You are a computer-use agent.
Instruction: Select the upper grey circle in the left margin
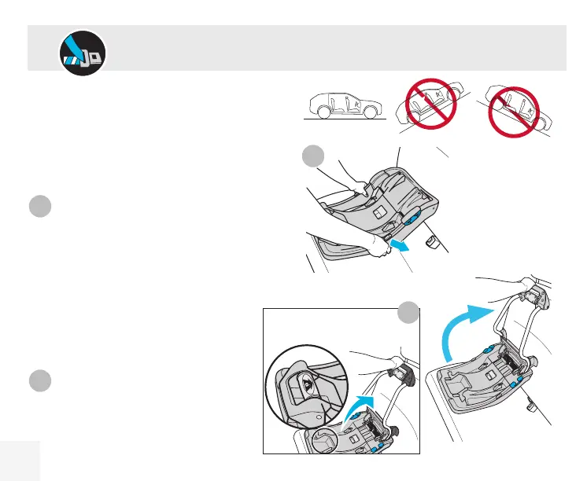(41, 207)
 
